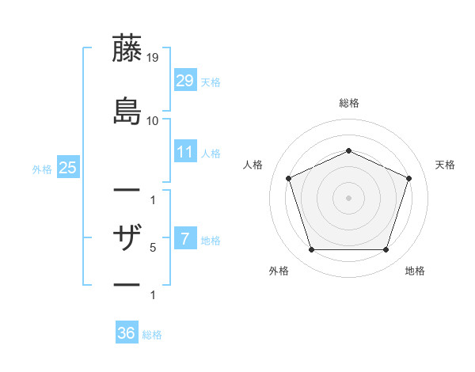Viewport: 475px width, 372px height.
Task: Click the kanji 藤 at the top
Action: coord(127,48)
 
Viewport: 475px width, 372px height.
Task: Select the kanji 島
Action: coord(127,110)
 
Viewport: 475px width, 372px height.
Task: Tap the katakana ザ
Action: coord(127,237)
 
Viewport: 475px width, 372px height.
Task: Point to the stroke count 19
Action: coord(154,58)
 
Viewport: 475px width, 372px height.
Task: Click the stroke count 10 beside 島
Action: coord(154,120)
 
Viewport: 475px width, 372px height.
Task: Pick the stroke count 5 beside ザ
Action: coord(153,248)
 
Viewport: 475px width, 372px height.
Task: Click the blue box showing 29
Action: coord(185,80)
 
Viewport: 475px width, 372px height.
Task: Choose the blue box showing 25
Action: coord(68,167)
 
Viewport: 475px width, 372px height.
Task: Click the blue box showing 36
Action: coord(127,333)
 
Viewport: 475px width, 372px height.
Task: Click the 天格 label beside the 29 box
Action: coord(210,82)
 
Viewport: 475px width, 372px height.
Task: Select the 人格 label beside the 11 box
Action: coord(210,153)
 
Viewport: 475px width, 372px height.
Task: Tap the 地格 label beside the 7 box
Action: coord(210,240)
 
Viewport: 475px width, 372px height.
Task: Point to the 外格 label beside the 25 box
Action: coord(42,169)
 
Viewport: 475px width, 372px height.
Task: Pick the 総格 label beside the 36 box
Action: coord(152,335)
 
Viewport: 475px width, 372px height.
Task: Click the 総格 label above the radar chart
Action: coord(348,103)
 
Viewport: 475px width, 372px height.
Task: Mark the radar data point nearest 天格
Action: coord(408,178)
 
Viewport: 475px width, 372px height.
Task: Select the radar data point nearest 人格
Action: coord(289,178)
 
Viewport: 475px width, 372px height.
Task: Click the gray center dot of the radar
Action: coord(348,198)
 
